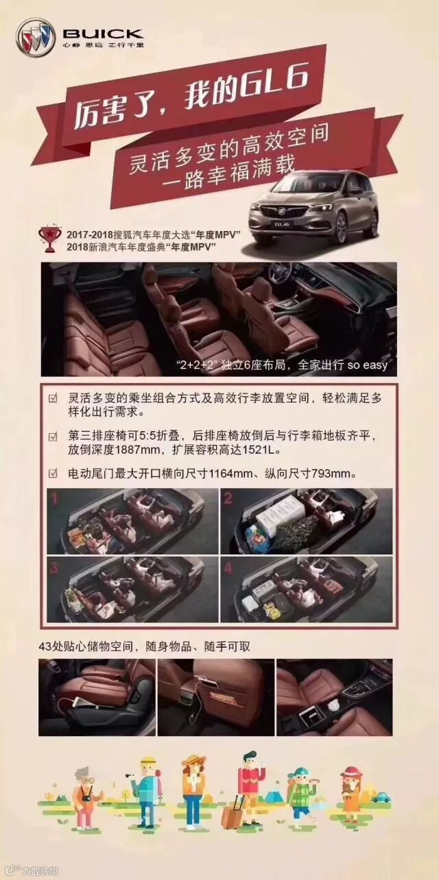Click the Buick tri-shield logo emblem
[36, 36]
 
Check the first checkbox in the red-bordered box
[53, 398]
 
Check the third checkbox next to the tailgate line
[53, 474]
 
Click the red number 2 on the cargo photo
[228, 498]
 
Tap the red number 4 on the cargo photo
[228, 568]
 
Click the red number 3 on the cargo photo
[54, 568]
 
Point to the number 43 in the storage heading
[45, 646]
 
